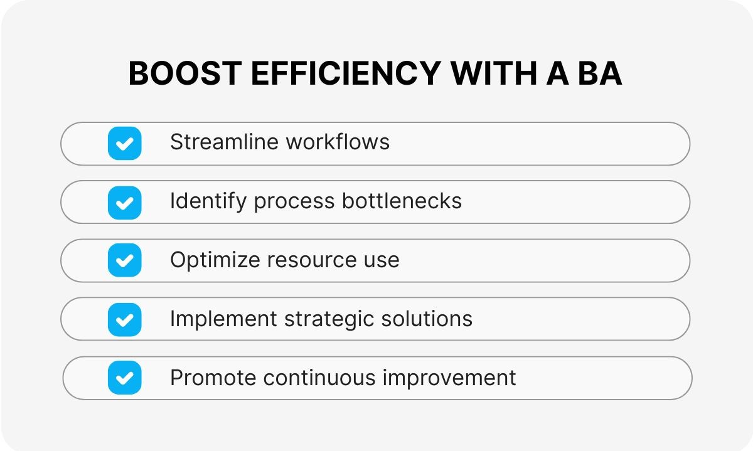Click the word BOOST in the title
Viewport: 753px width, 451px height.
(185, 73)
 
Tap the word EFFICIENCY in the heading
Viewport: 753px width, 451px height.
(346, 73)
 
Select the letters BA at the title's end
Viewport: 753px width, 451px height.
(600, 73)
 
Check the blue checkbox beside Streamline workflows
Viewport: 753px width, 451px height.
(125, 144)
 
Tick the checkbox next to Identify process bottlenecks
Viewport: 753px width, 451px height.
(125, 203)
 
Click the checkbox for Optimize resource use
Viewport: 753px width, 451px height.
(125, 260)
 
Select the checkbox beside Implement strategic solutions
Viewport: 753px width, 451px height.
(125, 320)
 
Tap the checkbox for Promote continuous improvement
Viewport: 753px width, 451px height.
(125, 378)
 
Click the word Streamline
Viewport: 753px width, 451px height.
(225, 142)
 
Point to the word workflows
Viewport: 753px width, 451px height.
(338, 142)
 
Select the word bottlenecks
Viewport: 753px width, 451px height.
(402, 201)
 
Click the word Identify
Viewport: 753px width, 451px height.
(208, 201)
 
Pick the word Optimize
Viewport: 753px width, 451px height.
(215, 260)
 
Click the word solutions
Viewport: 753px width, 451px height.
(427, 319)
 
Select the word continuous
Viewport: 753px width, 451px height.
(319, 378)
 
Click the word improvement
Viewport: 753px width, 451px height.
(449, 378)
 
